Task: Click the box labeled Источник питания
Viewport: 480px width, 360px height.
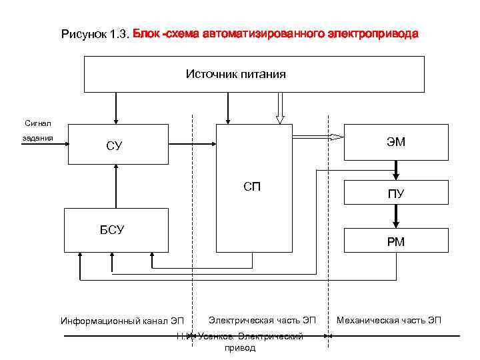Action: [254, 74]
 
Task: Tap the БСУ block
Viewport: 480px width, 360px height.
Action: [112, 230]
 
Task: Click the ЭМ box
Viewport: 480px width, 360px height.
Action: [396, 142]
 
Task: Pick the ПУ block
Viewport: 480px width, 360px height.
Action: [396, 194]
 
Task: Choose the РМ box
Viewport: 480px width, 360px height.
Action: [396, 241]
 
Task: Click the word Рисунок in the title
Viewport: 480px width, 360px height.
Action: [83, 33]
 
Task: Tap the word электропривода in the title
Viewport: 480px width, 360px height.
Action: [373, 33]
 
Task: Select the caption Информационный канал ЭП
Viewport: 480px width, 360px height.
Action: [122, 321]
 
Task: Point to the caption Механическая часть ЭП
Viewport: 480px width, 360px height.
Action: [389, 320]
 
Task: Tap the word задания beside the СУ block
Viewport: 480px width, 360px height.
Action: [33, 140]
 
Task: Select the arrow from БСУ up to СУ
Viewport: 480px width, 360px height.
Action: [117, 186]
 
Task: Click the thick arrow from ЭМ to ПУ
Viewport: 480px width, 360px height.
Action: [396, 171]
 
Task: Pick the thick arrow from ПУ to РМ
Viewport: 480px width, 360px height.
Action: [396, 217]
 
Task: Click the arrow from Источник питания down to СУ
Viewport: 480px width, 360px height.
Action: [117, 107]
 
